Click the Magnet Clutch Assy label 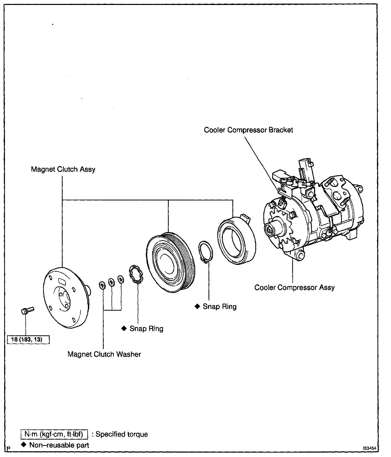[63, 169]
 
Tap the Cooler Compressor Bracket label [248, 130]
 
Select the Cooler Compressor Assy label [294, 288]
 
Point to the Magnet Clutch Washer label [104, 354]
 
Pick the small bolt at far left [27, 310]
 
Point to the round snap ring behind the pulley [206, 252]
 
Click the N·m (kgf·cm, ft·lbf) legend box [54, 434]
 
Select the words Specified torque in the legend [122, 434]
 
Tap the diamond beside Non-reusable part [24, 445]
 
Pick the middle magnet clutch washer [111, 282]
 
